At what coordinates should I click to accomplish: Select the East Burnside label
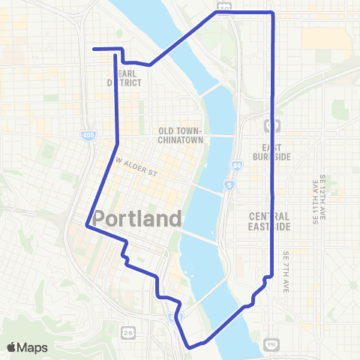pos(276,152)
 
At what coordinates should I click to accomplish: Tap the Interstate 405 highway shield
pos(88,135)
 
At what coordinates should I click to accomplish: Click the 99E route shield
pos(271,344)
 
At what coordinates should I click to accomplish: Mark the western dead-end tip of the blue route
pos(94,49)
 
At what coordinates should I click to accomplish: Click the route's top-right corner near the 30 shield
pos(271,13)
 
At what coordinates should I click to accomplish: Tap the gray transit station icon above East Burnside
pos(271,124)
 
